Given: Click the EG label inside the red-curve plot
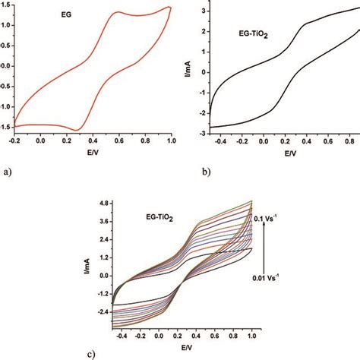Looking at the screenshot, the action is pyautogui.click(x=66, y=14).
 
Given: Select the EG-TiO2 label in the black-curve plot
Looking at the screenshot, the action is pyautogui.click(x=254, y=34).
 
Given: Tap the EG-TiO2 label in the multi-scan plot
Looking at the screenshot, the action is pyautogui.click(x=159, y=218).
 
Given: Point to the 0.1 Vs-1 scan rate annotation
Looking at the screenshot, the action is pyautogui.click(x=265, y=219).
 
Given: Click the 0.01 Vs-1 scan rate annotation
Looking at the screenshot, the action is pyautogui.click(x=266, y=278).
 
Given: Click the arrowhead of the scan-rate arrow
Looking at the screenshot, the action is pyautogui.click(x=264, y=223).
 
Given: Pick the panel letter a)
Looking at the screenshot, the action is pyautogui.click(x=8, y=172).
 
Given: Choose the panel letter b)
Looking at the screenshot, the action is pyautogui.click(x=207, y=172).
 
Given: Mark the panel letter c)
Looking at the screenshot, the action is pyautogui.click(x=91, y=355).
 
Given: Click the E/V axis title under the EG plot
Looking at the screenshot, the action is pyautogui.click(x=92, y=153).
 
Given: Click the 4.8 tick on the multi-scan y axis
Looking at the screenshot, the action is pyautogui.click(x=104, y=204).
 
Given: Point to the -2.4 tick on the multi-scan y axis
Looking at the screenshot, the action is pyautogui.click(x=103, y=312).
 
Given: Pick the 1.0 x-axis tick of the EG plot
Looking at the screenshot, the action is pyautogui.click(x=172, y=141).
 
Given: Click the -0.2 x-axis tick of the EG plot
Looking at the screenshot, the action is pyautogui.click(x=14, y=141).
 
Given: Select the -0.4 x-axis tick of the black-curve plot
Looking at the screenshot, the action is pyautogui.click(x=220, y=141).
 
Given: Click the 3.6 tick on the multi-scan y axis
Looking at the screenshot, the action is pyautogui.click(x=104, y=222).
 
